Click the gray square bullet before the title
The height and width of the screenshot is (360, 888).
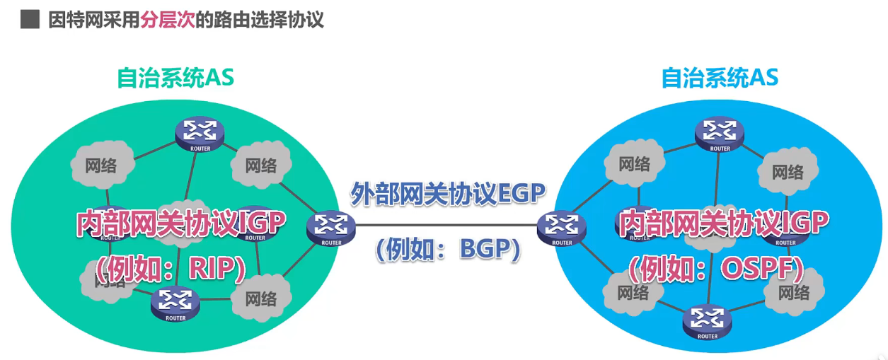point(30,19)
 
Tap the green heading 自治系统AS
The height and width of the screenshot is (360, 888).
point(175,78)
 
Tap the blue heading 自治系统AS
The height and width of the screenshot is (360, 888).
point(720,78)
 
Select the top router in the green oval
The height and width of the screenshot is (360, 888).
point(200,132)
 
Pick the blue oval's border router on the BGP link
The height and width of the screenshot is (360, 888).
point(562,227)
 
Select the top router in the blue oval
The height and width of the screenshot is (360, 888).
point(720,132)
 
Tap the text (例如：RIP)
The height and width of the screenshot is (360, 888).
point(171,267)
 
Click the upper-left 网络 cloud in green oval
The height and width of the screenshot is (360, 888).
point(101,166)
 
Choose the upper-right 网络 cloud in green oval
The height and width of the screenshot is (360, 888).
point(261,165)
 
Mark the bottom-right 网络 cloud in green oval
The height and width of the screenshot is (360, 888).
point(261,298)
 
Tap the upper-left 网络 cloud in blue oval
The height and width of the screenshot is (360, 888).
point(634,164)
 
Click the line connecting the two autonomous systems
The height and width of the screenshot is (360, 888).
point(446,226)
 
